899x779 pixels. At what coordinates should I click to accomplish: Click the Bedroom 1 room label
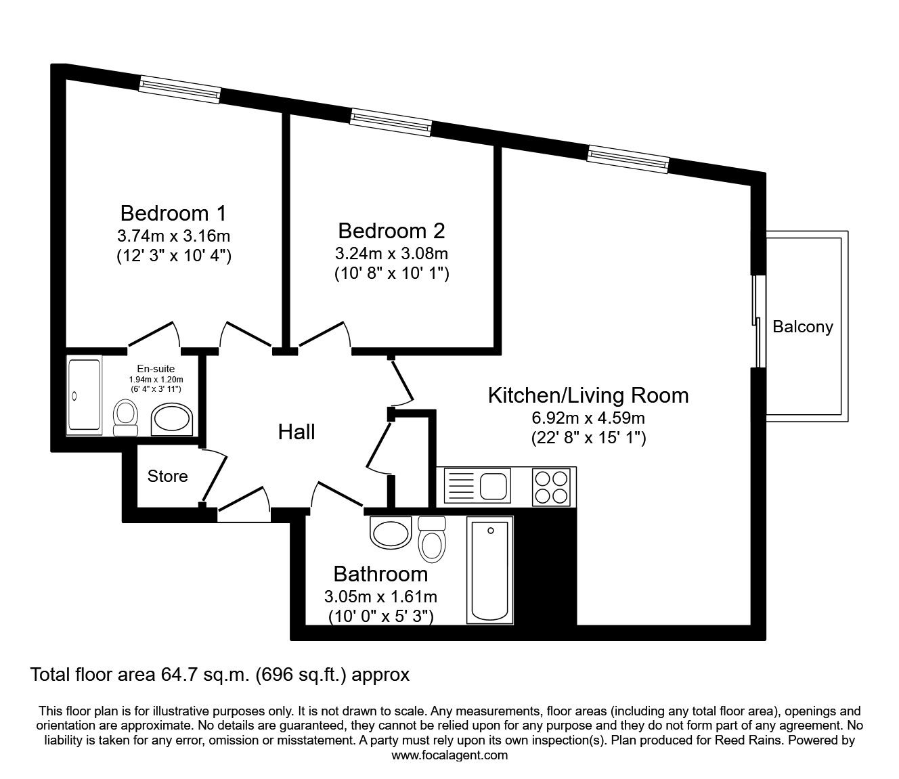(x=173, y=213)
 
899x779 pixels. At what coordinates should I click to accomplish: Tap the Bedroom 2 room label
(x=391, y=231)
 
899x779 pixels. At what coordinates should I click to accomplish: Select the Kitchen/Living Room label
(x=588, y=395)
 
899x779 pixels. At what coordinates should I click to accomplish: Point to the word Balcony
(x=802, y=327)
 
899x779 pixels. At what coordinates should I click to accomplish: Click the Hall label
(x=297, y=432)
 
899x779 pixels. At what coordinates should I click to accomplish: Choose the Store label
(x=167, y=476)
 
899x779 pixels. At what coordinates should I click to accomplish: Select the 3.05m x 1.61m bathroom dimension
(x=380, y=597)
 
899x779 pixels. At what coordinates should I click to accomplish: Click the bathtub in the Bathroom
(x=489, y=570)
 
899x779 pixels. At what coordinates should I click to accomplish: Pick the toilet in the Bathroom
(x=431, y=539)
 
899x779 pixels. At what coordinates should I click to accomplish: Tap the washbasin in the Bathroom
(x=391, y=533)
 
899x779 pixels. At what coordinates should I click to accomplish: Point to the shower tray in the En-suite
(x=85, y=395)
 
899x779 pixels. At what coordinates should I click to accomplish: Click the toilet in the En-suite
(x=125, y=418)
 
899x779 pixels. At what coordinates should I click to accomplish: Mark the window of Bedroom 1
(x=180, y=89)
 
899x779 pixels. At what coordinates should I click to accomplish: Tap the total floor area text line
(x=220, y=674)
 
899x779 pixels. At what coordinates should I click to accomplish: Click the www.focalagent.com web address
(x=449, y=755)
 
